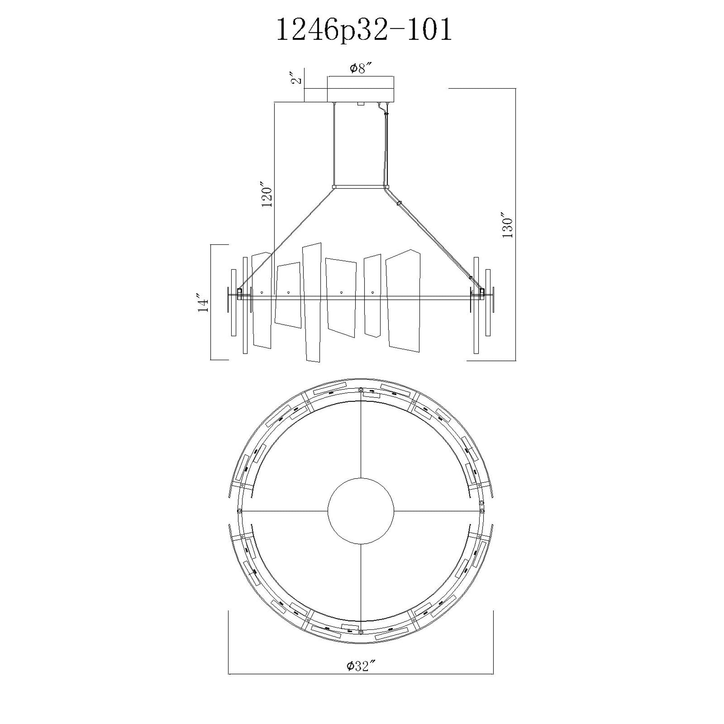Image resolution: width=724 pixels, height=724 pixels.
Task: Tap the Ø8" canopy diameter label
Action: (361, 68)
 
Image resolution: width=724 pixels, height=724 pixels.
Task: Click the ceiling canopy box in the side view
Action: (361, 89)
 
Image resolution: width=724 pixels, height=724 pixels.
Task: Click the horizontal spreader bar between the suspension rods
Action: (361, 186)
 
